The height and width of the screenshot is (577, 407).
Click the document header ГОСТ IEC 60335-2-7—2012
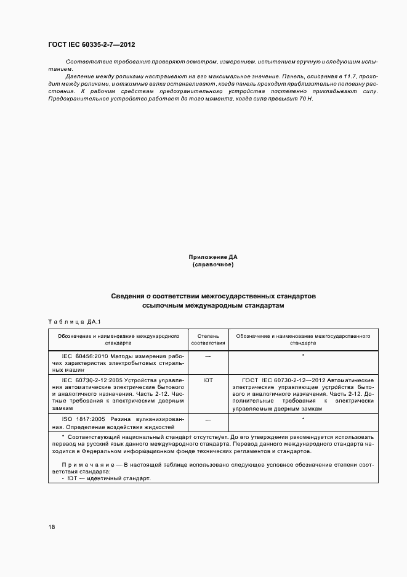(92, 45)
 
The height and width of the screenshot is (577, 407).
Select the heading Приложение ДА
(213, 256)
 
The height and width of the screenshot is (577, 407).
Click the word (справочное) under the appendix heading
(213, 264)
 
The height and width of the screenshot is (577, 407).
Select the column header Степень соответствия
(208, 340)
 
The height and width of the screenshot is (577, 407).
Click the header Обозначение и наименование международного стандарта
(118, 340)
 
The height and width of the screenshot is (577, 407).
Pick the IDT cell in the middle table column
(208, 380)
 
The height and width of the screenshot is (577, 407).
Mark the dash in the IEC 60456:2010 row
(208, 357)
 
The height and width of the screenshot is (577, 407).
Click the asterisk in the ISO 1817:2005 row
(304, 419)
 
